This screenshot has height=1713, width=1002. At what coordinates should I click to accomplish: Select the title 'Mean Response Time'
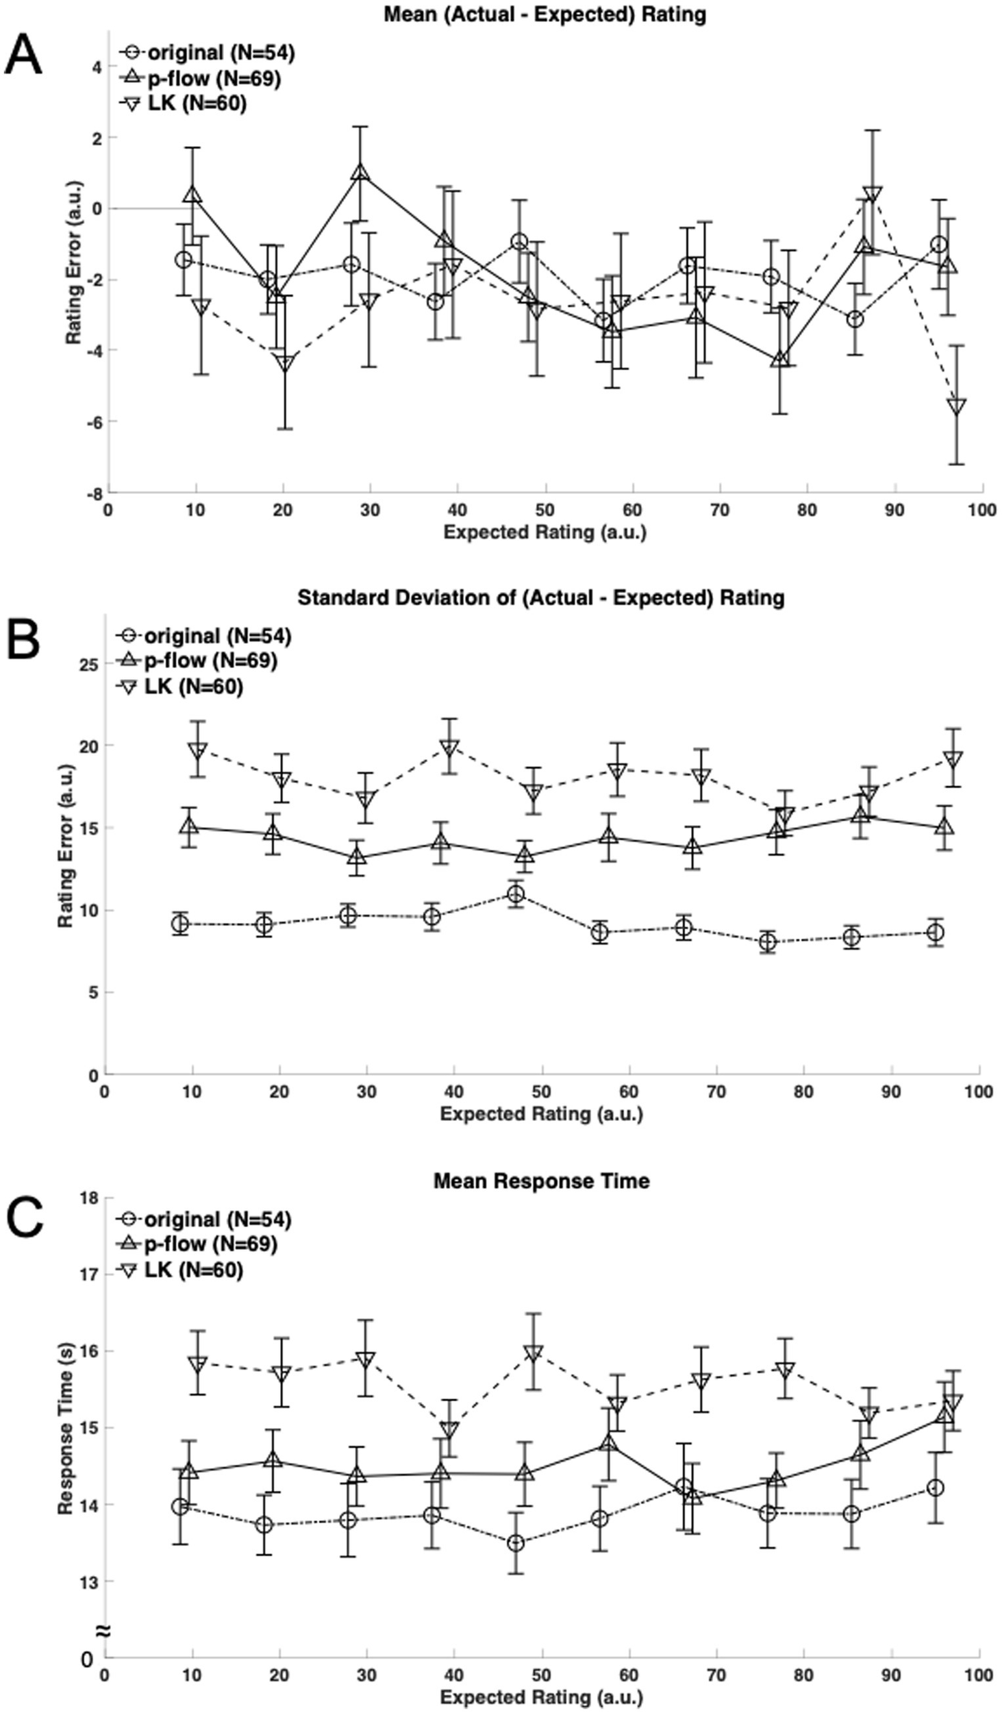[541, 1181]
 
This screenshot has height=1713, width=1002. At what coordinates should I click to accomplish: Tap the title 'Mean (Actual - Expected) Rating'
[544, 14]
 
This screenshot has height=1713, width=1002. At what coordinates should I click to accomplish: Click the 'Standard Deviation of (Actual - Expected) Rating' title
[541, 597]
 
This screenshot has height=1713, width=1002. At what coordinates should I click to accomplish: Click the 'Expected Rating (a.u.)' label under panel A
[544, 532]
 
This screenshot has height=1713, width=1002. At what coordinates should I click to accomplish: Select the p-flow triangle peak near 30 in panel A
[360, 173]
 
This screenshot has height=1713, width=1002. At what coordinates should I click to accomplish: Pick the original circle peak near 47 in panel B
[516, 894]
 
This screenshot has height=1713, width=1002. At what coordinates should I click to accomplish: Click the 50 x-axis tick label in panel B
[542, 1091]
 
